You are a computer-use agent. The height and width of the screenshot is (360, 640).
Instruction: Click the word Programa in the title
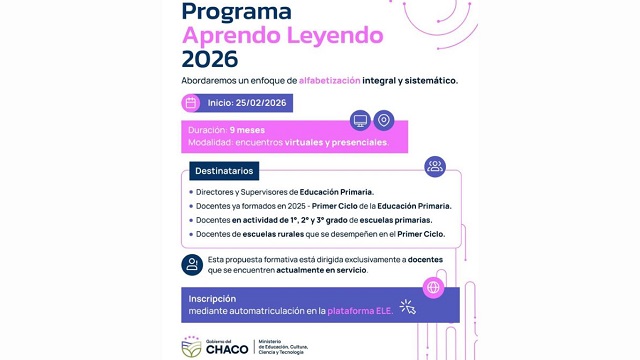click(237, 11)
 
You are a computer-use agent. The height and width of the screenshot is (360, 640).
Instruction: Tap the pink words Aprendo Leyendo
click(283, 36)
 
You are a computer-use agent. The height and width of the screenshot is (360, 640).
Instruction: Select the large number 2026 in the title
click(210, 60)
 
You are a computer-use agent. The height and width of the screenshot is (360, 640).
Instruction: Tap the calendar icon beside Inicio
click(191, 103)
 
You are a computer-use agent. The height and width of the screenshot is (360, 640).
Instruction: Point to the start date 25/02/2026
click(262, 103)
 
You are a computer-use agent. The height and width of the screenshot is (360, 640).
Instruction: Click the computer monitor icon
click(360, 121)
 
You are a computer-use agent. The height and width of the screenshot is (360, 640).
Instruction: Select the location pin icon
click(384, 121)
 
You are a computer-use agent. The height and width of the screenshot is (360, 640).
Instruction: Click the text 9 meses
click(247, 131)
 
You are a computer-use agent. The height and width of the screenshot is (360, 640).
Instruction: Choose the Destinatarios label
click(224, 171)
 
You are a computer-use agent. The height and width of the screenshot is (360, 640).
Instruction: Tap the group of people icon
click(434, 167)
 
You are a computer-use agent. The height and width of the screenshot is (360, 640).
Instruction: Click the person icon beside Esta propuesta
click(191, 264)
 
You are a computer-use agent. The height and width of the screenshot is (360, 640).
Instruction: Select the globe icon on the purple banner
click(434, 287)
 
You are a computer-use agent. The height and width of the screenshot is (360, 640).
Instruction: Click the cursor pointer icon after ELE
click(407, 308)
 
